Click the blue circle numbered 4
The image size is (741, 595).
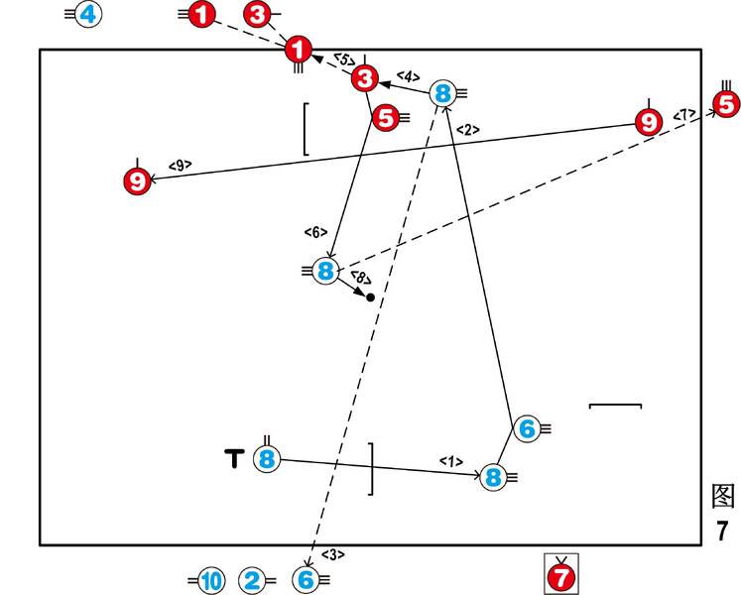[88, 15]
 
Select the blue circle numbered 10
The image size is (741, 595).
[211, 581]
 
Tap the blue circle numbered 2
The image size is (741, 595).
[252, 581]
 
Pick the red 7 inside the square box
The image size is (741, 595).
[561, 576]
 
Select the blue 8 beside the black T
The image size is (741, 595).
[267, 459]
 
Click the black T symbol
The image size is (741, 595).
[234, 458]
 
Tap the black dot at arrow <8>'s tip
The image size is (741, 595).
[370, 297]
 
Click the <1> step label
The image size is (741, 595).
[451, 461]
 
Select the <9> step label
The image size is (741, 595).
[180, 165]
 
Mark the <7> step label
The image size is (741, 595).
[684, 116]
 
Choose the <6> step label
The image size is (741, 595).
[315, 232]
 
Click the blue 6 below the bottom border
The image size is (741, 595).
[306, 580]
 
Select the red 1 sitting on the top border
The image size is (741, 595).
[299, 49]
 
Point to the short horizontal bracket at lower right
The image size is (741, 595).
[615, 405]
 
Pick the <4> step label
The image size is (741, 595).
[409, 75]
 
